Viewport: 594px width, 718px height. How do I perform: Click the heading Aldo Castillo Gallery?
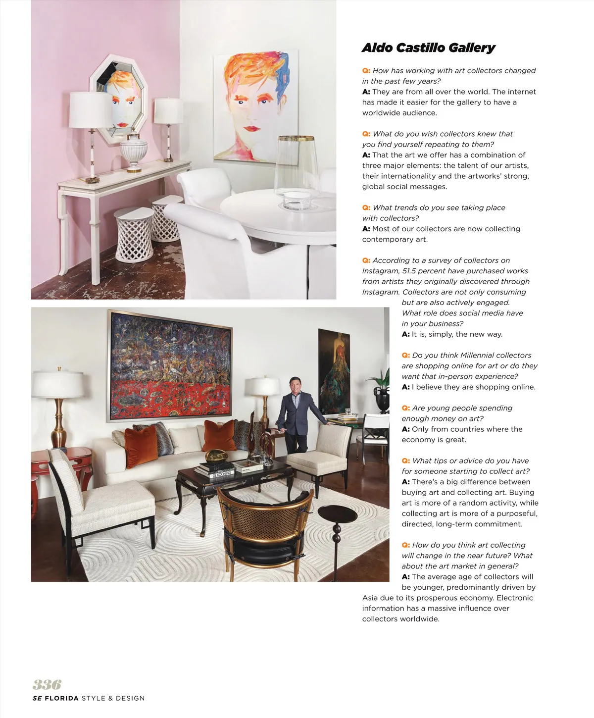point(428,48)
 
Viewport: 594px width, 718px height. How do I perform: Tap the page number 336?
point(47,685)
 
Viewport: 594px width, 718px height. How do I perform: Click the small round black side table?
point(337,515)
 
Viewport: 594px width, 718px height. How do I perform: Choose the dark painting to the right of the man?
point(334,371)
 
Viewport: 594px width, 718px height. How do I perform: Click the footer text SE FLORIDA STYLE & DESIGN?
point(89,698)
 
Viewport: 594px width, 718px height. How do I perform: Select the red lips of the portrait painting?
point(251,129)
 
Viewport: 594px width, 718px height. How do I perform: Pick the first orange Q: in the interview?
point(366,71)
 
